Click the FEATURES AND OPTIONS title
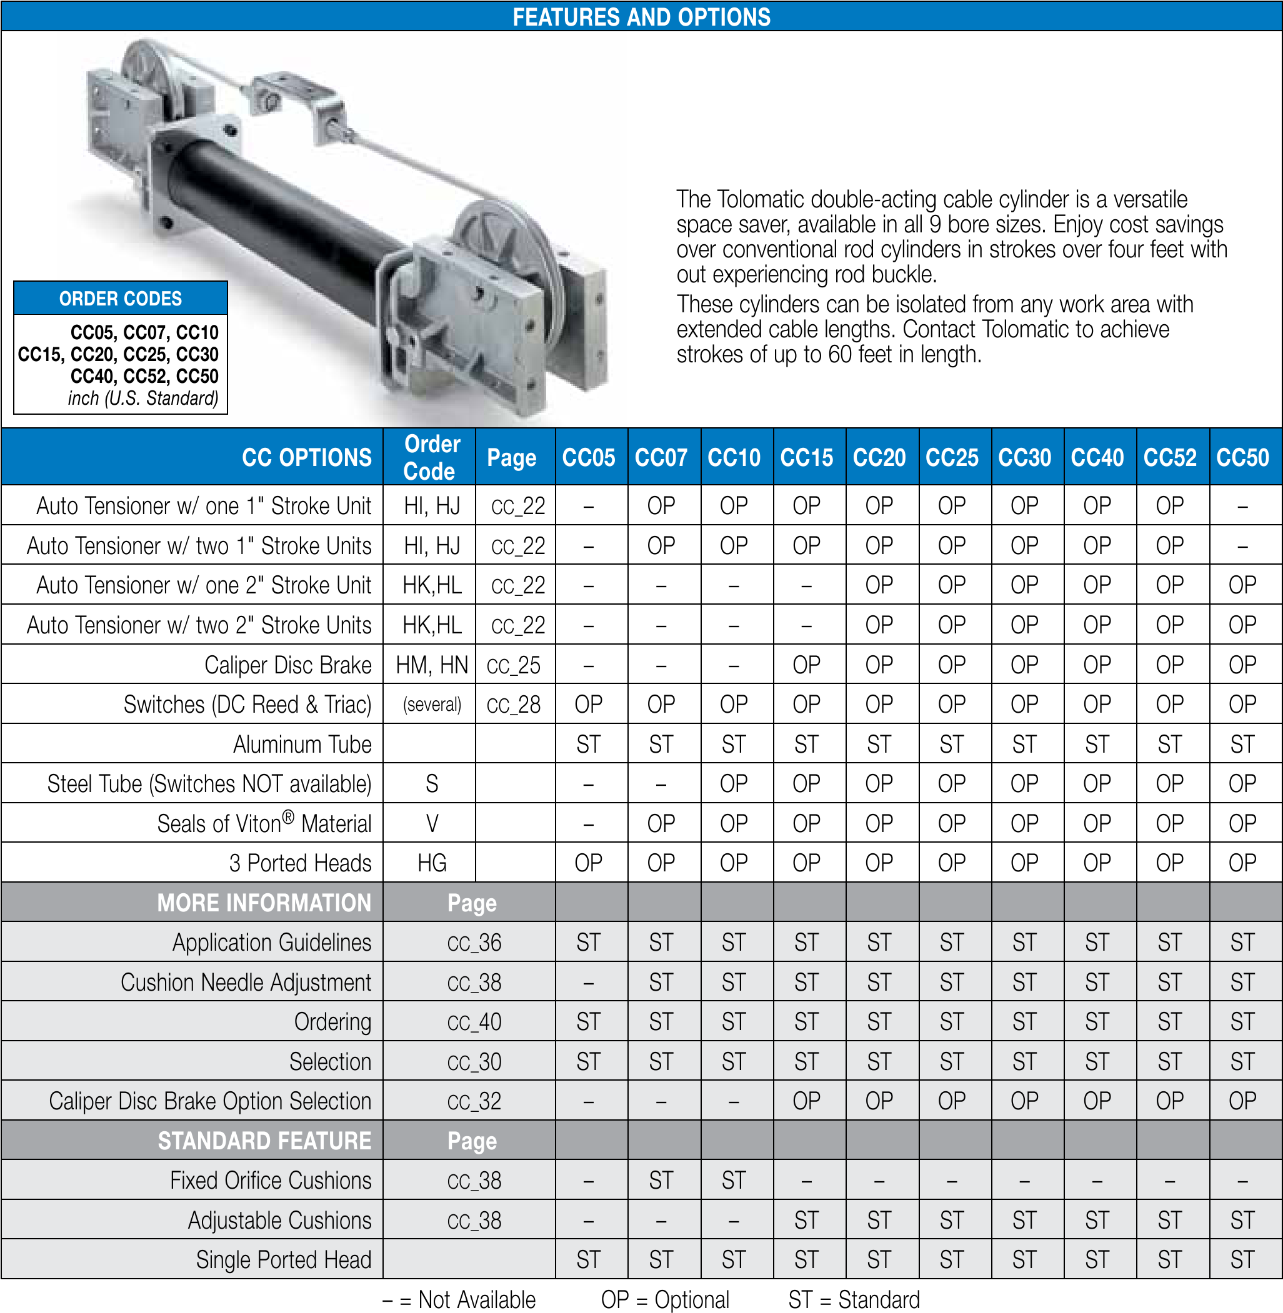click(x=641, y=16)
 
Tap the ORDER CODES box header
click(x=121, y=299)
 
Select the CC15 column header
click(x=806, y=457)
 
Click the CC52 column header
click(x=1170, y=457)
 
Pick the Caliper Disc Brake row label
click(x=287, y=665)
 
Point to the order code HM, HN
click(x=431, y=665)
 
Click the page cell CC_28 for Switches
click(x=514, y=705)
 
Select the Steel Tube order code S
click(x=431, y=783)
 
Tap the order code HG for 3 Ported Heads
click(x=431, y=863)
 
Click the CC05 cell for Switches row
click(x=588, y=705)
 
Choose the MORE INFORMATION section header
click(x=264, y=903)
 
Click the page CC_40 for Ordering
click(x=474, y=1022)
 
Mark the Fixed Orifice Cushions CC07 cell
click(x=661, y=1181)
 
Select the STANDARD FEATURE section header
click(x=264, y=1141)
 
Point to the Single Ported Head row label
click(x=283, y=1260)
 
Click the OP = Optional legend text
click(x=665, y=1299)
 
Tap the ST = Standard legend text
click(x=854, y=1299)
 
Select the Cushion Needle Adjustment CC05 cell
click(x=588, y=982)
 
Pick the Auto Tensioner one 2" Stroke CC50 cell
click(x=1242, y=585)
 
